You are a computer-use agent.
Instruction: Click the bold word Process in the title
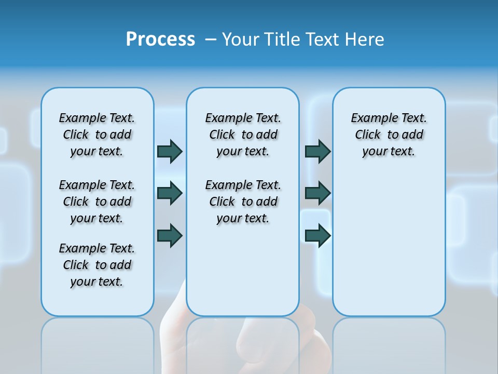click(x=160, y=39)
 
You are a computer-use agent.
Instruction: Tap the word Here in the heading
click(x=366, y=39)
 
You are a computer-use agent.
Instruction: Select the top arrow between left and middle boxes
click(x=170, y=152)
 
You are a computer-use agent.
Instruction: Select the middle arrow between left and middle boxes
click(x=170, y=193)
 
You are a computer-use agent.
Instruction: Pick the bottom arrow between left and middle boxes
click(x=170, y=236)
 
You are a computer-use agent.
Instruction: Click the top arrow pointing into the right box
click(x=317, y=152)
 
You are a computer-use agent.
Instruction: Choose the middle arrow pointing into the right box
click(x=317, y=193)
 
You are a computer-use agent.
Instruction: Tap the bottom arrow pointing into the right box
click(x=317, y=236)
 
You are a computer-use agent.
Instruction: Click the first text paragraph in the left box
click(x=97, y=135)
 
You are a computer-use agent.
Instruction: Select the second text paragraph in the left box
click(x=97, y=202)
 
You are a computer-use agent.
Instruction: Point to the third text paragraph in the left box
click(x=97, y=265)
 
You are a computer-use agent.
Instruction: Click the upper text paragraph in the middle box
click(x=243, y=135)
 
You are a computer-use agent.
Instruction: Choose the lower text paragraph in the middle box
click(x=243, y=202)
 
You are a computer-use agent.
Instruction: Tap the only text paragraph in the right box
click(x=389, y=135)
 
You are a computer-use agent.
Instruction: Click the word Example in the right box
click(x=370, y=118)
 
